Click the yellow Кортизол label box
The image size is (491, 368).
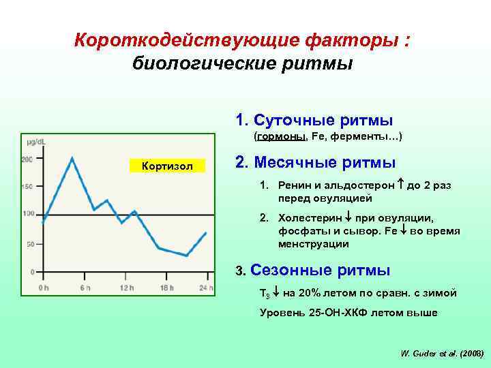coord(167,166)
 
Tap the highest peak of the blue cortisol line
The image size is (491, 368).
coord(72,158)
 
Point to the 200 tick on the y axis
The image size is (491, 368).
coord(27,159)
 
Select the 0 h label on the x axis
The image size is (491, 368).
coord(43,288)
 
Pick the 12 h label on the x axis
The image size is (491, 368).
coord(125,288)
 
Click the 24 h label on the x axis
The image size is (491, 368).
coord(206,288)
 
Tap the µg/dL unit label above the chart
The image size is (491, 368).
coord(36,141)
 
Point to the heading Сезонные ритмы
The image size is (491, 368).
coord(321,271)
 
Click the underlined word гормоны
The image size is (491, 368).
coord(281,137)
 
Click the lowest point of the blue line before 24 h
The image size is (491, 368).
coord(185,256)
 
